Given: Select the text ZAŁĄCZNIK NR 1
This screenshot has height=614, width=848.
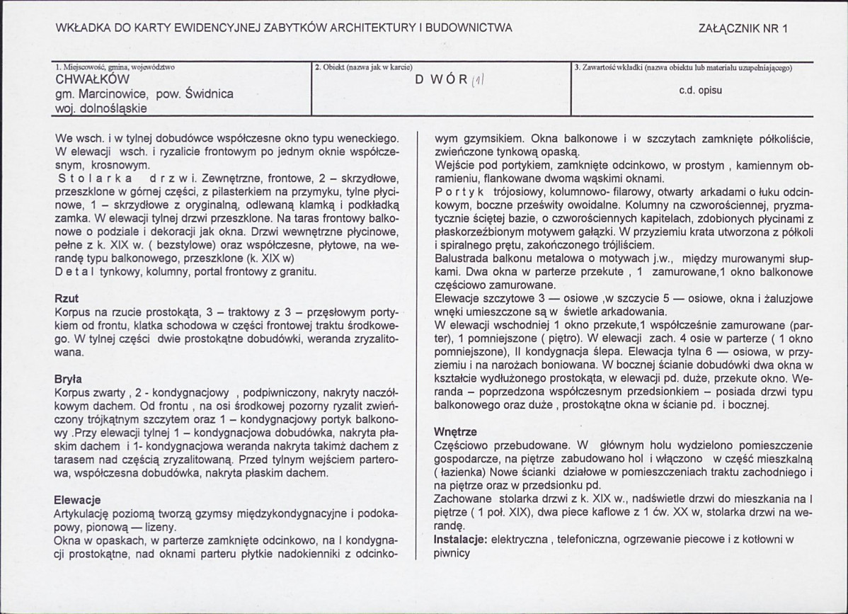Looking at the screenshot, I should pyautogui.click(x=743, y=28).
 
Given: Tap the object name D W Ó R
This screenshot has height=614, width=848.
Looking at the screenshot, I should pyautogui.click(x=441, y=79).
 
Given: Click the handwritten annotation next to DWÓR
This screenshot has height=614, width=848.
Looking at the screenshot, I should pyautogui.click(x=478, y=81).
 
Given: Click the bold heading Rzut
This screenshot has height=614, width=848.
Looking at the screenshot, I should pyautogui.click(x=66, y=299).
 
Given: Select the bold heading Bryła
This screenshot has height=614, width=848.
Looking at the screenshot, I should pyautogui.click(x=68, y=378).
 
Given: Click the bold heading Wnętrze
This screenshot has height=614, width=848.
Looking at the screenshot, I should pyautogui.click(x=455, y=431).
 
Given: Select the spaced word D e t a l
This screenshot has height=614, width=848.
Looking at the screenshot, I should pyautogui.click(x=74, y=271).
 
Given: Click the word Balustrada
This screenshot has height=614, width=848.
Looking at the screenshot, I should pyautogui.click(x=462, y=258).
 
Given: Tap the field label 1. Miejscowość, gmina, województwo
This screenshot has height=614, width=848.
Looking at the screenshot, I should pyautogui.click(x=115, y=68).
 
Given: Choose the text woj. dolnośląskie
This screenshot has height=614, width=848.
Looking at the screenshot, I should pyautogui.click(x=101, y=108).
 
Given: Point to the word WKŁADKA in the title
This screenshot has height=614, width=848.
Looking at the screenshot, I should pyautogui.click(x=81, y=28).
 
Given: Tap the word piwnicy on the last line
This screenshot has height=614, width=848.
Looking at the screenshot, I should pyautogui.click(x=452, y=553).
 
